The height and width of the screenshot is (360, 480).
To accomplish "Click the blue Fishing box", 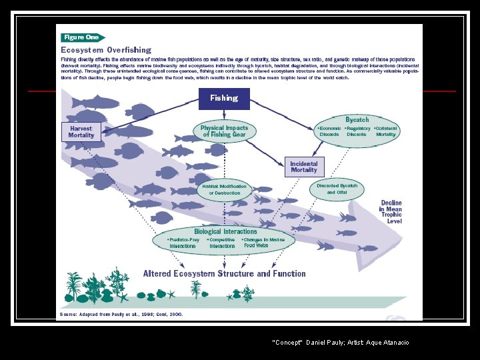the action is coord(223,98).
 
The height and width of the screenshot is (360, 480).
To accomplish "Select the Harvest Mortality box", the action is coord(81,131).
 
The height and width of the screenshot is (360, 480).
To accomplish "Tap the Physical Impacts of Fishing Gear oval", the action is coord(225,131).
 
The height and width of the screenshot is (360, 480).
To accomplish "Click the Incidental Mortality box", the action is coord(304,167).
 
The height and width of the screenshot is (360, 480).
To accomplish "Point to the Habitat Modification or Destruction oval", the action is coord(224,189).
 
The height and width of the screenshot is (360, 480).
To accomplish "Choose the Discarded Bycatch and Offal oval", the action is coord(337,189).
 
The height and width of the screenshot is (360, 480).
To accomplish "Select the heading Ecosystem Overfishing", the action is coord(106,50).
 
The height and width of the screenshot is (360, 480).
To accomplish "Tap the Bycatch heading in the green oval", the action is coord(357,119).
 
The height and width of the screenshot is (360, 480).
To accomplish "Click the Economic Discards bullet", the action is coord(329,131).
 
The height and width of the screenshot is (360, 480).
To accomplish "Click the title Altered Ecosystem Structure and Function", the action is coord(224,273).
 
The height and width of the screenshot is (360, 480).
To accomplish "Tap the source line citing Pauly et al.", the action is coord(121,313).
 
